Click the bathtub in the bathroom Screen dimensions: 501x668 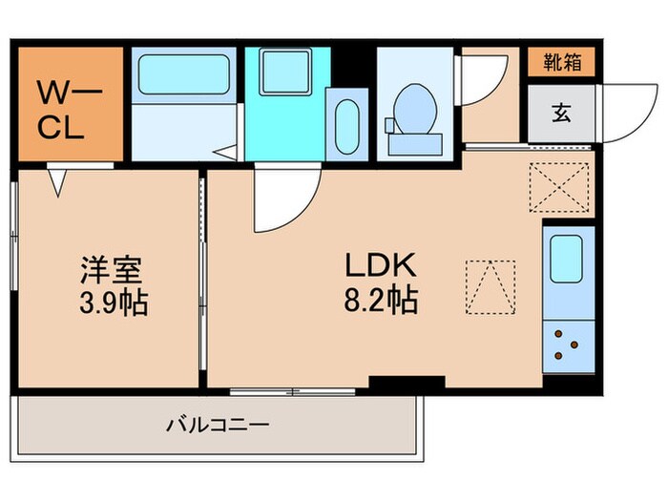(181, 73)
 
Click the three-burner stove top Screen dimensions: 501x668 (567, 345)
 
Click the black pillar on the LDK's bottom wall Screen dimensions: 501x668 (407, 383)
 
